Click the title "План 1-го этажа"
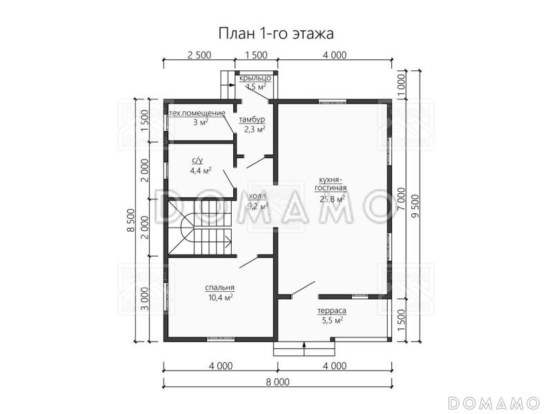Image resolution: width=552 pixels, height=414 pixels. [x=276, y=34]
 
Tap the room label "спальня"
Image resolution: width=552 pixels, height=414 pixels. [x=219, y=288]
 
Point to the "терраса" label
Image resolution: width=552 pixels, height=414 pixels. [x=332, y=311]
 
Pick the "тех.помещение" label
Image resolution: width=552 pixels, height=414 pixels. [x=198, y=112]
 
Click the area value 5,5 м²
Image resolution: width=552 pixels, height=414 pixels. [x=332, y=320]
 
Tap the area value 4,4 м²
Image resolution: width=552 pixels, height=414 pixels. [x=201, y=170]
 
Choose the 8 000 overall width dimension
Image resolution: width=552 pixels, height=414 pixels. [x=277, y=382]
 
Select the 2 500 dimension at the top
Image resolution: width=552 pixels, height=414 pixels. [x=199, y=56]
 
